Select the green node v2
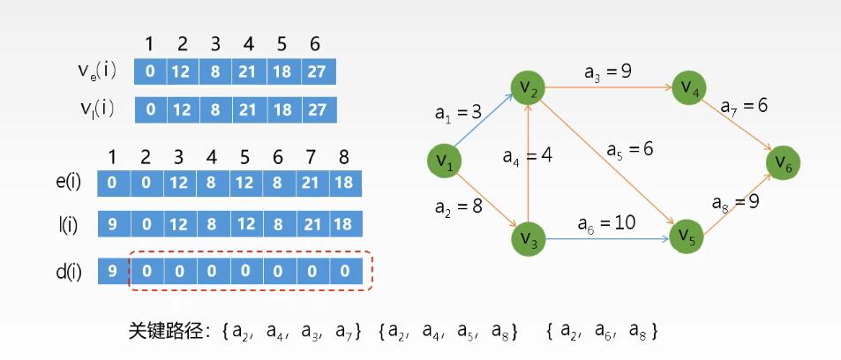tap(528, 87)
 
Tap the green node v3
tap(529, 239)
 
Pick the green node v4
tap(689, 87)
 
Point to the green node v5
tap(687, 236)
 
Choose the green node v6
tap(783, 162)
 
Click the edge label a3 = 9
tap(608, 71)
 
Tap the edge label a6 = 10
tap(606, 222)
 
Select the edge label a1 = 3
tap(459, 113)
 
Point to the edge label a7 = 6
tap(744, 106)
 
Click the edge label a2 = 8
tap(459, 206)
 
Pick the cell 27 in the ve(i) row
tap(319, 71)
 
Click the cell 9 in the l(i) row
tap(114, 224)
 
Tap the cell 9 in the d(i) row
tap(114, 272)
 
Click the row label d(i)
tap(69, 272)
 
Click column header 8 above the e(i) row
tap(344, 157)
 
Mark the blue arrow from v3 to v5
tap(608, 238)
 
